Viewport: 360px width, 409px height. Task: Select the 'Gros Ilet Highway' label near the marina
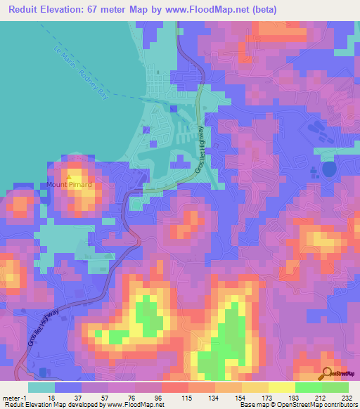pyautogui.click(x=199, y=151)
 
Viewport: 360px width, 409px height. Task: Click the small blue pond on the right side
pyautogui.click(x=328, y=169)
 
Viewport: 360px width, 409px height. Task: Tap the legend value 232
pyautogui.click(x=345, y=398)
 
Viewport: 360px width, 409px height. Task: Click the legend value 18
pyautogui.click(x=51, y=398)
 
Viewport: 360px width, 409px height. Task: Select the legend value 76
pyautogui.click(x=131, y=398)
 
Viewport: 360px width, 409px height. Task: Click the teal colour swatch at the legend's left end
pyautogui.click(x=41, y=387)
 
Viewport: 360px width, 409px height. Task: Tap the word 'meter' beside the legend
pyautogui.click(x=10, y=398)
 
